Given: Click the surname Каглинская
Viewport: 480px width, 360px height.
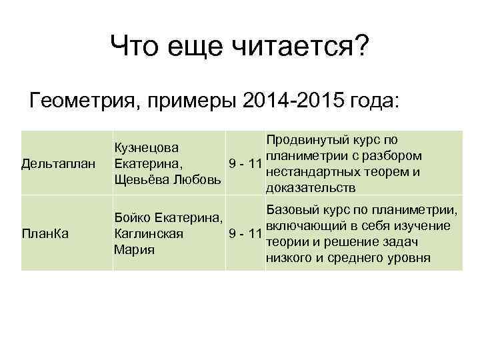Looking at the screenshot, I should [x=149, y=234].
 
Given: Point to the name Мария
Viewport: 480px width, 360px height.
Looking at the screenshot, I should [x=134, y=250].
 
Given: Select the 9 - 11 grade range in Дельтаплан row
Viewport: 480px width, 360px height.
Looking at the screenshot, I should [x=244, y=164].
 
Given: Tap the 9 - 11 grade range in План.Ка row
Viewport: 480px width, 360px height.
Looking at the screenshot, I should [x=244, y=234].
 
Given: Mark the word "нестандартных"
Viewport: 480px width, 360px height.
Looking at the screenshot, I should [x=313, y=172].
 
